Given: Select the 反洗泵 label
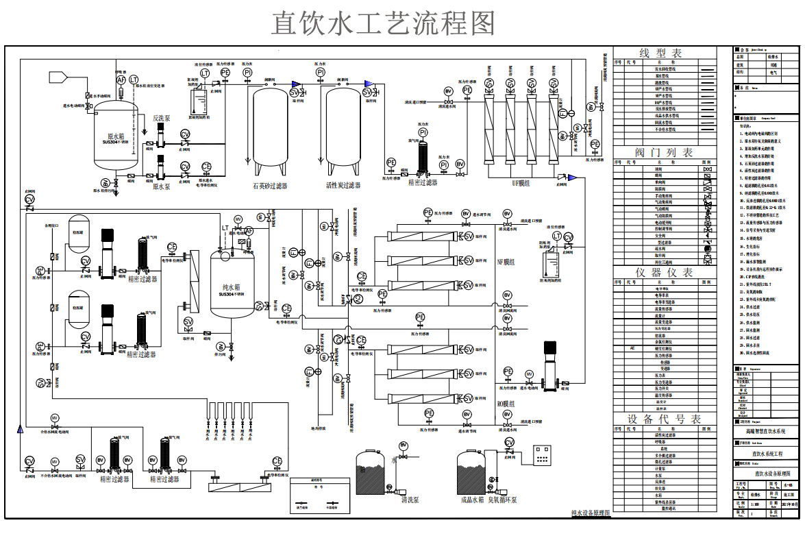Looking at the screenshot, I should pos(162,118).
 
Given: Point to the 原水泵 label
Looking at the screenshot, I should pos(161,186).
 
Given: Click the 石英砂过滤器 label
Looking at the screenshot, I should pos(270,185).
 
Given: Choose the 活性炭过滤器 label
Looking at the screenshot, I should pos(343,185).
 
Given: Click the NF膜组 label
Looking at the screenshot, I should pos(505,262).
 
